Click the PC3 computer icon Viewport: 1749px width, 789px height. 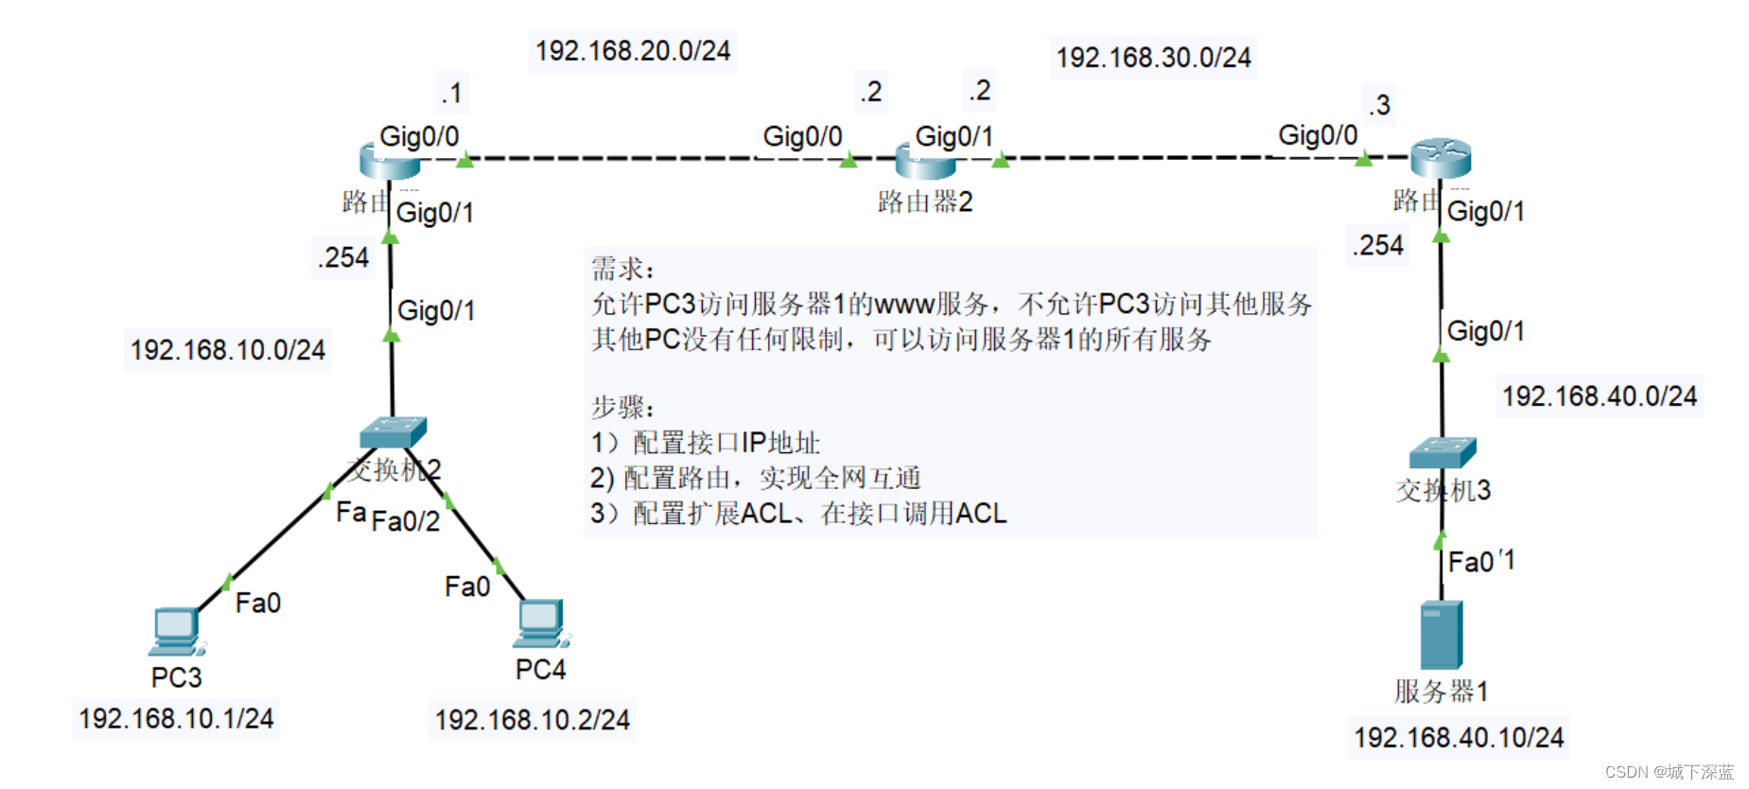coord(176,631)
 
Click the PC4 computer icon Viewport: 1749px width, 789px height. coord(542,622)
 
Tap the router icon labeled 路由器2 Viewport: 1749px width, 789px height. coord(925,162)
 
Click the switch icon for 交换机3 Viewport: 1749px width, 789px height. coord(1442,453)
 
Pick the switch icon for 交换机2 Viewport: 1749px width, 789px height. coord(393,432)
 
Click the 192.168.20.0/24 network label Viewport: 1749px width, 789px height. coord(633,50)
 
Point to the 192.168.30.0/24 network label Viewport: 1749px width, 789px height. coord(1153,58)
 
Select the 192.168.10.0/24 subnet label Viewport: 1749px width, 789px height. coord(227,350)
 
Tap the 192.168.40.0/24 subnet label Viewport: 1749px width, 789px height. coord(1600,395)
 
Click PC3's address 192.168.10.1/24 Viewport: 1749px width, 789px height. coord(176,718)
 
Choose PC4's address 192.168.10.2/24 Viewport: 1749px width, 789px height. coord(532,720)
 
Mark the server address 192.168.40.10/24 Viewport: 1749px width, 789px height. coord(1459,737)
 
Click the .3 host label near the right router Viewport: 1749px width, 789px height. coord(1379,104)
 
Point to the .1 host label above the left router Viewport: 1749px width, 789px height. coord(451,94)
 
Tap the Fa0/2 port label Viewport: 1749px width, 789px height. coord(406,521)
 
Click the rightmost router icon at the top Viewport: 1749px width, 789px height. coord(1440,157)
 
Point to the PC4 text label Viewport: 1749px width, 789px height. coord(540,670)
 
